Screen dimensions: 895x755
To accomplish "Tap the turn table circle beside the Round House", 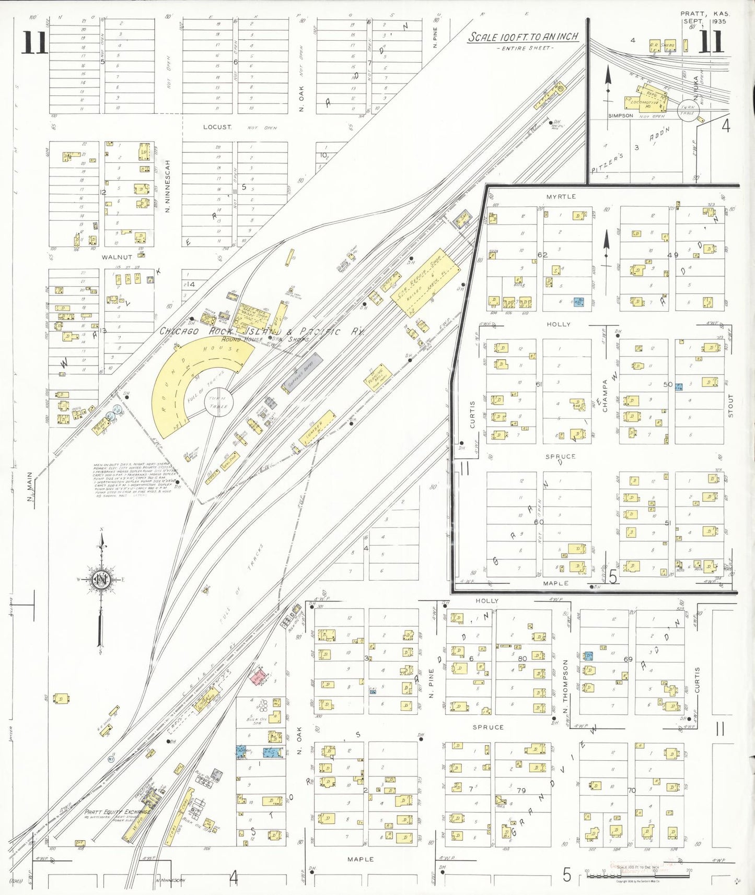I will coord(218,402).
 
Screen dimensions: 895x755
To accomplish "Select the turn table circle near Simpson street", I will coord(688,111).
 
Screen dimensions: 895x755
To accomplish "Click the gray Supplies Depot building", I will coord(303,372).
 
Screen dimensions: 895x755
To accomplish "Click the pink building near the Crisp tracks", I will coord(258,677).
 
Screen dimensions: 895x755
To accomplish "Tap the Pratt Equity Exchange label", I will coord(118,812).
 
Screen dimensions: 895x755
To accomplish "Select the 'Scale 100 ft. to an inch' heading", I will coord(523,37).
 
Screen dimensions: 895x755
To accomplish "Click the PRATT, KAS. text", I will coord(705,14).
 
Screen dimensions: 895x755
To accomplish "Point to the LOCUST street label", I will coord(217,127).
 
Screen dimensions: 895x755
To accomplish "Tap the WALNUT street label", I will coord(117,257).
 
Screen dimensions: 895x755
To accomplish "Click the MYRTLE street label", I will coord(561,196).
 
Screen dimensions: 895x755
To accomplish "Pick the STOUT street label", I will coord(730,406).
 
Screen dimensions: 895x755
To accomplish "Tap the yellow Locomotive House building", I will coord(646,101).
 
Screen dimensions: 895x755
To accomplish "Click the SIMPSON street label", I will coord(620,115).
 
